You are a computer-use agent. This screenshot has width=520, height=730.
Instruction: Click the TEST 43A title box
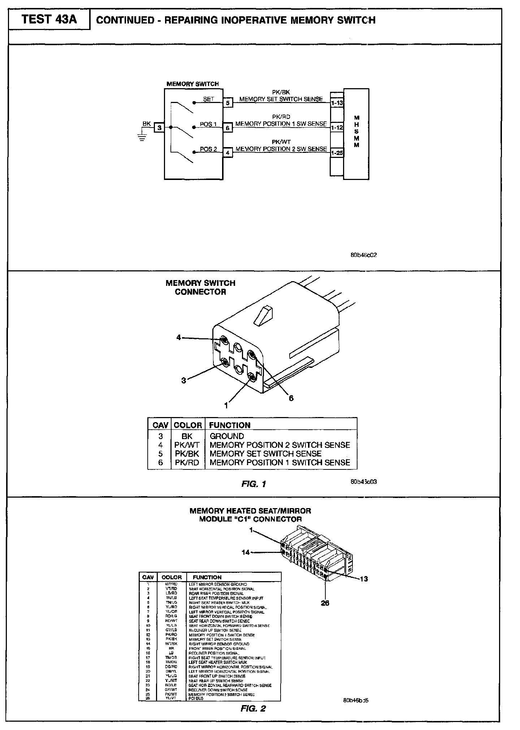49,19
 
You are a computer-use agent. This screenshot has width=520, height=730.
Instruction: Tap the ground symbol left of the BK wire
142,137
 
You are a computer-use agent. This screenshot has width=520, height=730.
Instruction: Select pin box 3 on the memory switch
159,128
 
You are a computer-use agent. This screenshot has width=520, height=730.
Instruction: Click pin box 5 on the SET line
227,103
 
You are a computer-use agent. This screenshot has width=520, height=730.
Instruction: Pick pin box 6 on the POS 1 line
227,128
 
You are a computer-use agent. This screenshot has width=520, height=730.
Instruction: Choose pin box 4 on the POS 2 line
227,153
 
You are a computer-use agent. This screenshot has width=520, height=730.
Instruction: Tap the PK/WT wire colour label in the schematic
281,142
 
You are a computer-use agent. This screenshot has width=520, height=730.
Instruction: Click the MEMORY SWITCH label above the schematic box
192,84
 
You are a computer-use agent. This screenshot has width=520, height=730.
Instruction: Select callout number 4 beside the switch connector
178,338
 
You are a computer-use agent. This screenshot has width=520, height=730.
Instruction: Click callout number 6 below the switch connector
291,398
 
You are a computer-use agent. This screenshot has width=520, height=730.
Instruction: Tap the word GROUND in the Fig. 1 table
227,436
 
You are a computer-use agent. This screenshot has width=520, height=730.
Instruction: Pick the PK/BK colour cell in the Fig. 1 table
187,454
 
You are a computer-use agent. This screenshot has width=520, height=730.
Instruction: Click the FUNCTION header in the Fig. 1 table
230,425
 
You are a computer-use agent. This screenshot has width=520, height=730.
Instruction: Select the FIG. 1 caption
253,484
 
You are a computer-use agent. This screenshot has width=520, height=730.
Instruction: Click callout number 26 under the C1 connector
325,603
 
